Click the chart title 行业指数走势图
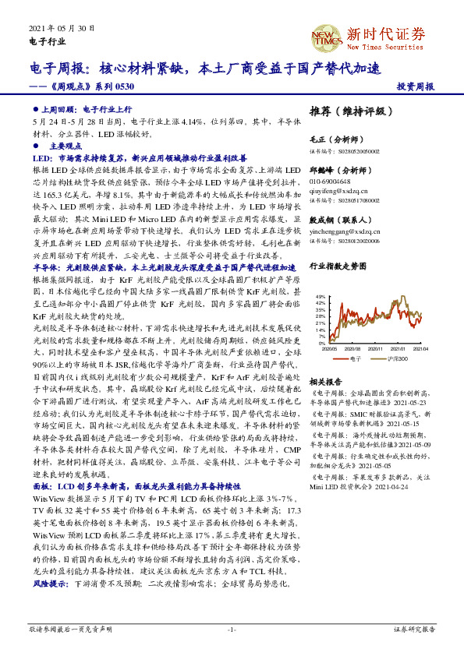pos(337,266)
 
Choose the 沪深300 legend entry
pos(398,358)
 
